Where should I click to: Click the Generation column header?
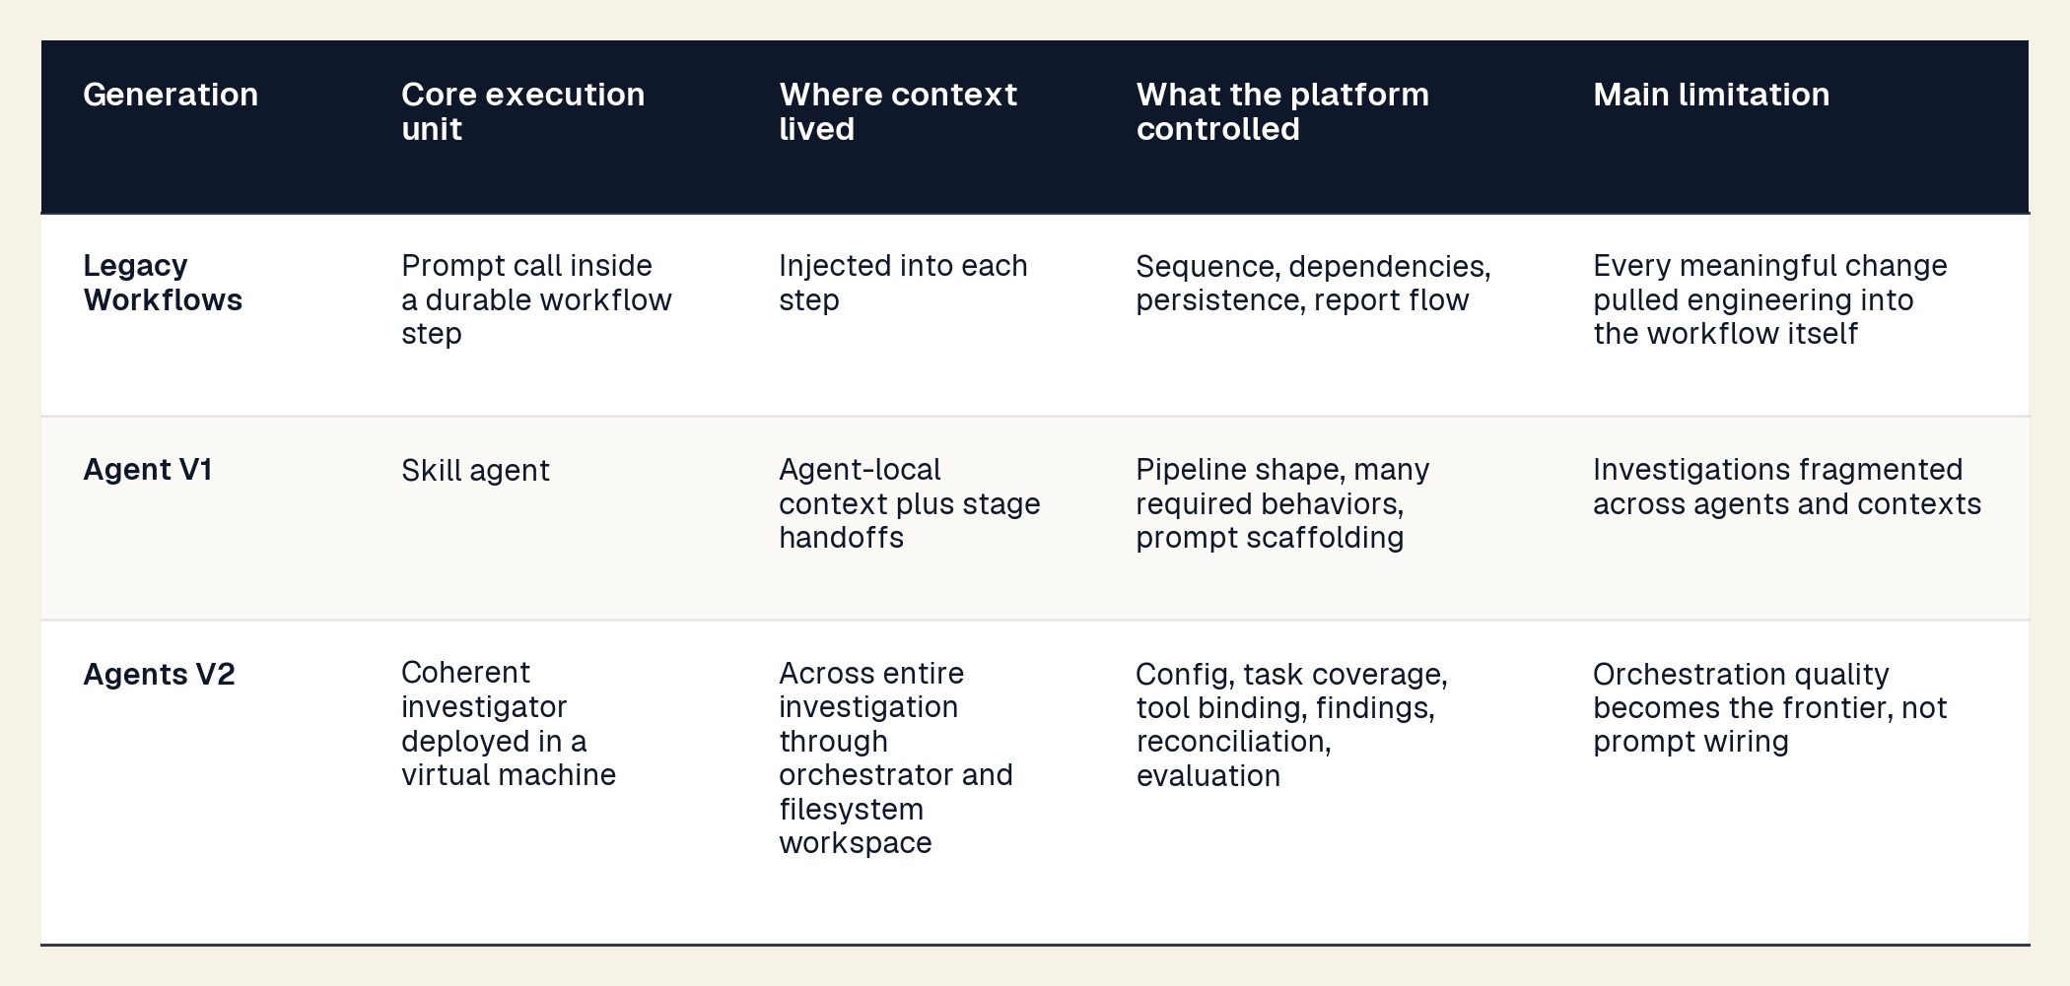(171, 95)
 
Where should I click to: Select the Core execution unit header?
(523, 111)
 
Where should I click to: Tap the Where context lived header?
(898, 111)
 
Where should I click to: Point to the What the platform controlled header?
(1282, 111)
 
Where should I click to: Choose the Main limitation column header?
(1711, 95)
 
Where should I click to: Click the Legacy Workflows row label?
(163, 283)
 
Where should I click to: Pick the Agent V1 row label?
(148, 470)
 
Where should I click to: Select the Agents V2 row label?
(159, 675)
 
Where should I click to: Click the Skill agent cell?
(475, 471)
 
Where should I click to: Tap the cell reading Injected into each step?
(903, 283)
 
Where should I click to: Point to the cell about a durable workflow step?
(536, 299)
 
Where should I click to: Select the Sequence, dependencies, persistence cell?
(1313, 283)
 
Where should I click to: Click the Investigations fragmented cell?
(1787, 487)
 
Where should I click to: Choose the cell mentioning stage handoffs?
(910, 503)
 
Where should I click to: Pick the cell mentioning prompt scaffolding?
(1282, 503)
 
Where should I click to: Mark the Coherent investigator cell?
(509, 724)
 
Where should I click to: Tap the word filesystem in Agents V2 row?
(852, 810)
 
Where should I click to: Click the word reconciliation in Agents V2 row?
(1233, 742)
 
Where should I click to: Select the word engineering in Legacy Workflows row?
(1754, 300)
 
